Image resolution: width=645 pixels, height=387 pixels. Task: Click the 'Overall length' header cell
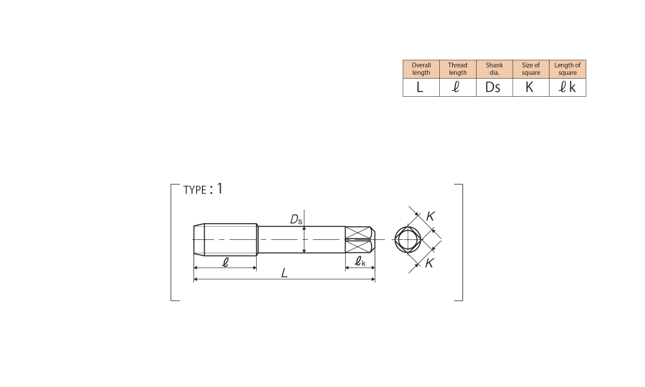421,69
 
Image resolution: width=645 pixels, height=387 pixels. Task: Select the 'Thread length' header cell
458,69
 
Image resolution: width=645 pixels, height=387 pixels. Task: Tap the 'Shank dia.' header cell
495,69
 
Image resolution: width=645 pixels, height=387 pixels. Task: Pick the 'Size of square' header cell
531,69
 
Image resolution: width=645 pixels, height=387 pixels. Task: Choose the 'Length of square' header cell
568,69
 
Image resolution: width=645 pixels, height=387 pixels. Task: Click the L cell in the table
421,87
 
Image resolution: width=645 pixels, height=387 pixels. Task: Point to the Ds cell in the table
495,87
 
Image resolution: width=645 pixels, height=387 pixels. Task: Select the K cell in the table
531,87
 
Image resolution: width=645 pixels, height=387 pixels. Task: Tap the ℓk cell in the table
568,87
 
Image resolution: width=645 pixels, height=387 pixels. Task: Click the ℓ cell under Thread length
458,87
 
